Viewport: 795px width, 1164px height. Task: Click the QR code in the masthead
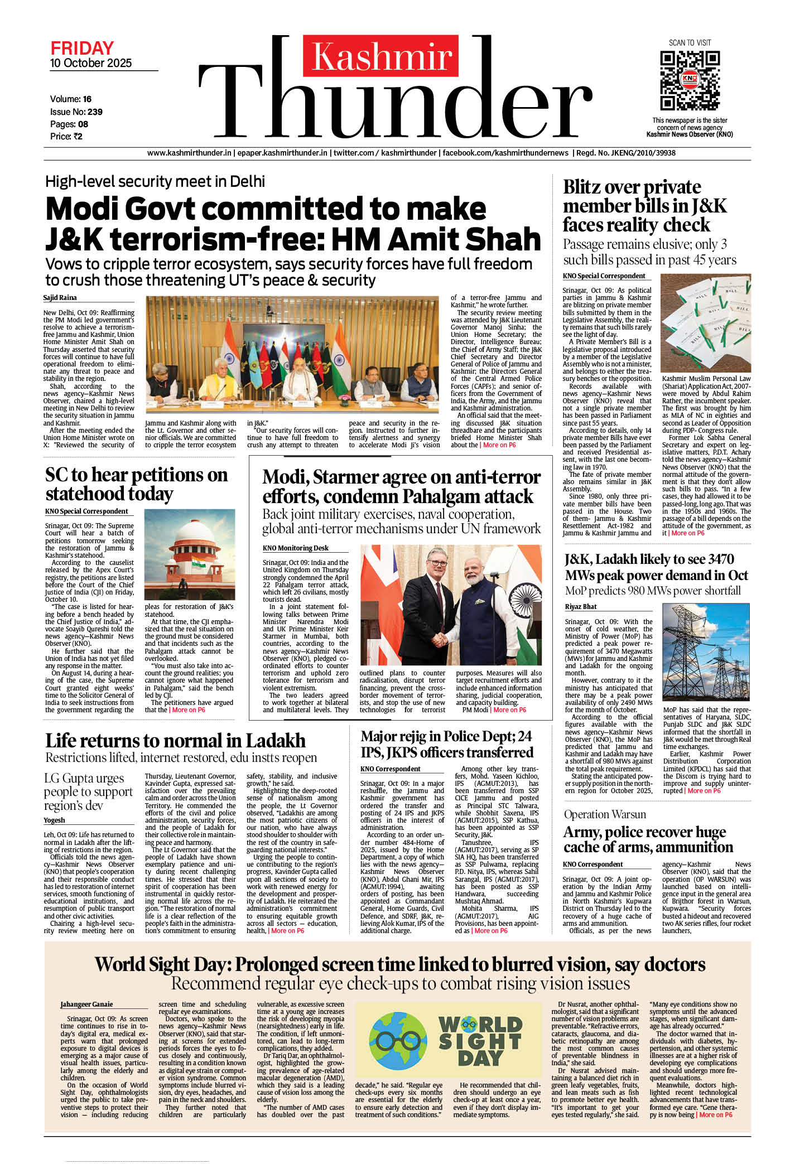pyautogui.click(x=690, y=80)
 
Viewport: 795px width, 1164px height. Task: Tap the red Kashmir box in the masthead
pyautogui.click(x=380, y=56)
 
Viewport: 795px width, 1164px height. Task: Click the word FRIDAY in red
pyautogui.click(x=82, y=48)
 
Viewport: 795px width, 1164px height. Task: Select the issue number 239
pyautogui.click(x=95, y=112)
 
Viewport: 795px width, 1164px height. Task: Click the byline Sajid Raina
pyautogui.click(x=60, y=298)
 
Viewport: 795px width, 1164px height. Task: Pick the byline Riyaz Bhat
pyautogui.click(x=581, y=606)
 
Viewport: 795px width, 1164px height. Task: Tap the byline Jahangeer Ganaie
pyautogui.click(x=86, y=1004)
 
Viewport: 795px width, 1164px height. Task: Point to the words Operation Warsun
pyautogui.click(x=605, y=814)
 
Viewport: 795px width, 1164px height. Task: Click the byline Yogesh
pyautogui.click(x=54, y=820)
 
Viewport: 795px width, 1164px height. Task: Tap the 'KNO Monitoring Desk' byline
pyautogui.click(x=295, y=548)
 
